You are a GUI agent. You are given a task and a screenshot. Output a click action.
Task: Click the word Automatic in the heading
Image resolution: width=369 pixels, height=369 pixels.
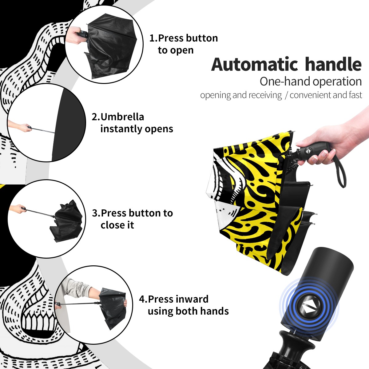click(x=254, y=65)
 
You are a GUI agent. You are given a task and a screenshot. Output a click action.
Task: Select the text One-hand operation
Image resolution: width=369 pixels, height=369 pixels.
click(x=311, y=81)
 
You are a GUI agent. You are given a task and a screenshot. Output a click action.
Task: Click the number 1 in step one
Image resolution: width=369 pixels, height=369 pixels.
click(x=152, y=38)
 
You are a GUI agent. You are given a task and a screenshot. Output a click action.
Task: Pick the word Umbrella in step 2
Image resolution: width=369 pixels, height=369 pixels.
click(x=122, y=117)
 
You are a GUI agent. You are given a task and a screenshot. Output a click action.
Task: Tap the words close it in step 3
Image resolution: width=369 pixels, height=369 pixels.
click(x=117, y=225)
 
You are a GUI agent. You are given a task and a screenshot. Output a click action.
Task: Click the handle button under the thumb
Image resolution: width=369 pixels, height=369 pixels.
click(x=308, y=150)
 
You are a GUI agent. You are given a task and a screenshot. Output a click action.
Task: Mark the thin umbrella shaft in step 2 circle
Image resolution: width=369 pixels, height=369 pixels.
click(x=43, y=130)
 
